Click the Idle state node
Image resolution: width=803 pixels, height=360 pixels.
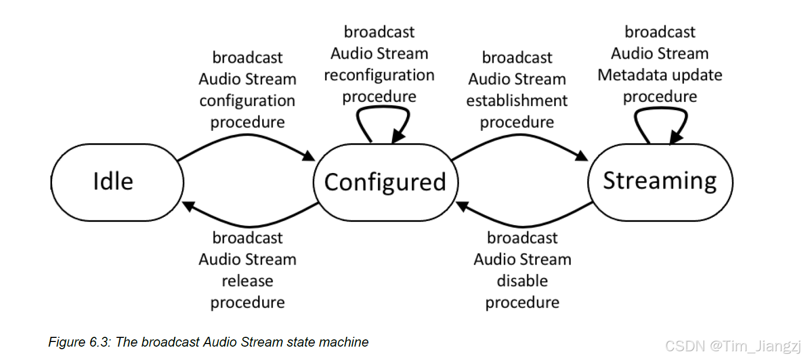(x=117, y=181)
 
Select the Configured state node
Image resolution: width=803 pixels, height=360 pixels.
(x=385, y=182)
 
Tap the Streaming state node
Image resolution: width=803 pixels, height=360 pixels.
(x=660, y=181)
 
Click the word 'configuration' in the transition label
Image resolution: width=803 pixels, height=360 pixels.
(x=247, y=100)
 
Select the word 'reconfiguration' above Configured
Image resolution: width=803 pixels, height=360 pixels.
(x=379, y=75)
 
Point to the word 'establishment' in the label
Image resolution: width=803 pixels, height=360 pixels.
(x=517, y=100)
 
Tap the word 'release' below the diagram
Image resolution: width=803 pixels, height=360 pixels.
(x=247, y=281)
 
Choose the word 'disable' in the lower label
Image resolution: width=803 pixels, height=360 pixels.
(x=522, y=281)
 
